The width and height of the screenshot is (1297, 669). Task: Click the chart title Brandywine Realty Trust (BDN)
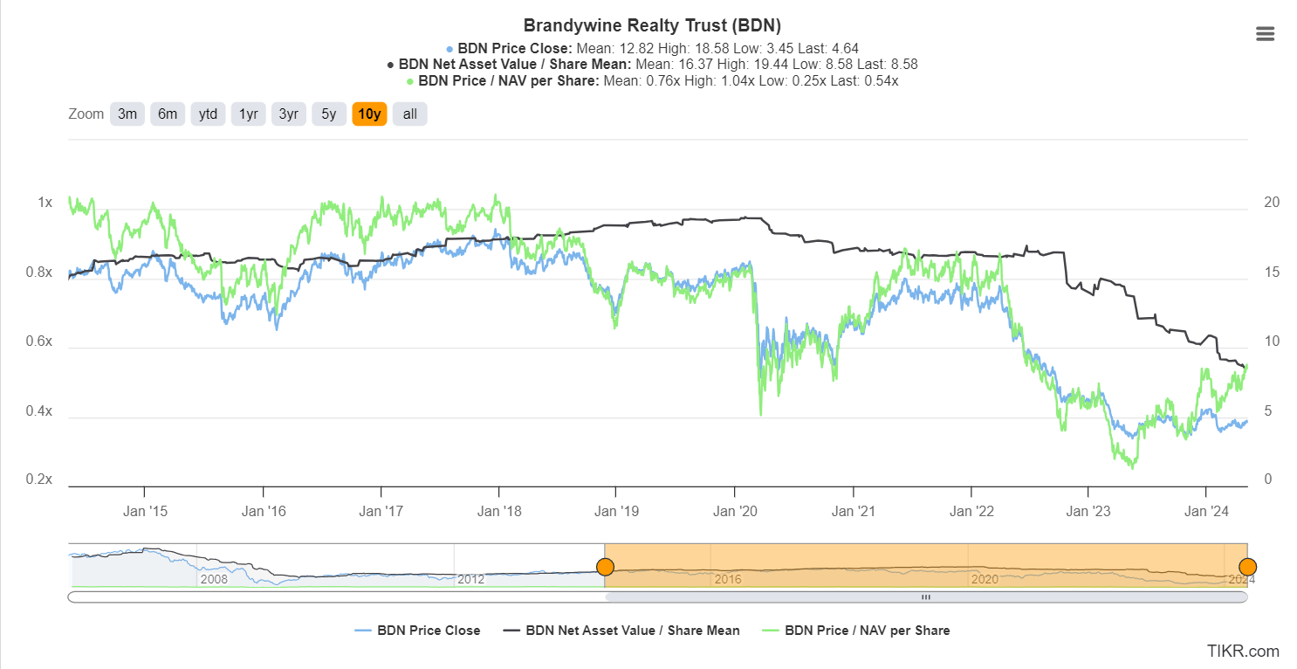(652, 25)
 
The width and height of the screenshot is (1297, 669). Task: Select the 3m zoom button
(127, 114)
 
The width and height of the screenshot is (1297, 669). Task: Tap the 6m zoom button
(168, 114)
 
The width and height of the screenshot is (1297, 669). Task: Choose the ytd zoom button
(208, 114)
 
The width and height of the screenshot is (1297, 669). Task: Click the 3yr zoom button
(288, 114)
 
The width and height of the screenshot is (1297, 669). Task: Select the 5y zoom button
(328, 114)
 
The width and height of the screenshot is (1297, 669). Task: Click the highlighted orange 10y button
(369, 114)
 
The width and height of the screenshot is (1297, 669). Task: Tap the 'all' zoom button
(409, 114)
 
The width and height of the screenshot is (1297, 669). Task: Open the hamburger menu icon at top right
(1265, 34)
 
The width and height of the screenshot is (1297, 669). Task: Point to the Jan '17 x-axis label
(381, 511)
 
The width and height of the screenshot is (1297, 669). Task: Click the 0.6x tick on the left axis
(38, 341)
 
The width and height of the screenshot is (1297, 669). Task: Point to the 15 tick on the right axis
(1272, 272)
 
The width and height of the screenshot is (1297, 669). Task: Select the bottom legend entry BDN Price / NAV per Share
(867, 631)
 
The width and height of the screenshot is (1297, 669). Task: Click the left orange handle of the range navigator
(605, 568)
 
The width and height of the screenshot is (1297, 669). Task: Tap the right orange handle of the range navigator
(1247, 568)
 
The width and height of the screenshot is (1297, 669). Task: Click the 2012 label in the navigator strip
(470, 579)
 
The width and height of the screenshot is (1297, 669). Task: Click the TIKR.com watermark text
(1243, 651)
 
